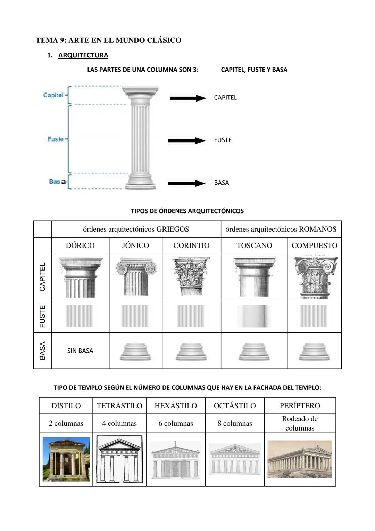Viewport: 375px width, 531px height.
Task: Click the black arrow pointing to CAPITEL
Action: [187, 98]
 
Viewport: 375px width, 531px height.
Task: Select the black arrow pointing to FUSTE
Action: [186, 140]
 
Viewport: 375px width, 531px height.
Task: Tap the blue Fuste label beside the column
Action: [56, 139]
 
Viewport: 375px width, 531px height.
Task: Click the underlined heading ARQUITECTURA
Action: [83, 55]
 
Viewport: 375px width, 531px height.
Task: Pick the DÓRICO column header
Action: [80, 246]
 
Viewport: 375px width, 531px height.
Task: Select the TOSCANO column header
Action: [254, 246]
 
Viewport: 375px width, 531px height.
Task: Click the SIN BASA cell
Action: [80, 351]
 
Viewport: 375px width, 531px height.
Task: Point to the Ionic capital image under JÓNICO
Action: [135, 277]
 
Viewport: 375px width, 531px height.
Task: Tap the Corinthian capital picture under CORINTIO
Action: [191, 277]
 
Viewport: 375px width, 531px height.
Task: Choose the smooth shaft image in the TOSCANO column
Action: [254, 316]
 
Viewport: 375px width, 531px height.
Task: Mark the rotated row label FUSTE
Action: [42, 316]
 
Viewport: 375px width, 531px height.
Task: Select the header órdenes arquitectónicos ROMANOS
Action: [281, 229]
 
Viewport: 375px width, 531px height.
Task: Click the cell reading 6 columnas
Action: [176, 423]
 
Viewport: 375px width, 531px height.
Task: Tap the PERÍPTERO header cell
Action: [300, 405]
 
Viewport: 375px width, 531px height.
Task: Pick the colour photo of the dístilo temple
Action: [66, 459]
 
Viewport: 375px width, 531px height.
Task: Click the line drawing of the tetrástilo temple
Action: [119, 459]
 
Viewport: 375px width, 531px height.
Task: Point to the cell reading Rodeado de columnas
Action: [300, 423]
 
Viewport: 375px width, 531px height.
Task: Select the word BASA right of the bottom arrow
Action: [222, 183]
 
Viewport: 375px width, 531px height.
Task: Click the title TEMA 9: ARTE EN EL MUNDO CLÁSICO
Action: [108, 40]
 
